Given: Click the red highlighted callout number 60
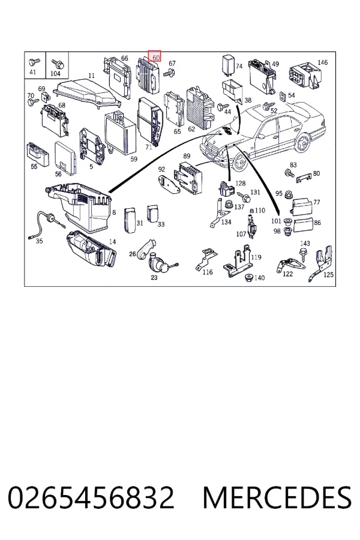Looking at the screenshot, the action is coord(155,57).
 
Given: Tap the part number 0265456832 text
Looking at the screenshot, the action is coord(91,497).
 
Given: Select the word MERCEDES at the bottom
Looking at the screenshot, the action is coord(277,497).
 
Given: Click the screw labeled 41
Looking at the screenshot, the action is coord(34,62).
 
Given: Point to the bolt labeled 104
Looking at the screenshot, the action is coord(57,64).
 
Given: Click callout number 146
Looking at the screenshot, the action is coord(322,62).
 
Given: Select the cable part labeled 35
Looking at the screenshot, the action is coord(46,223).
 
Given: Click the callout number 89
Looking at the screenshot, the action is coord(187,156).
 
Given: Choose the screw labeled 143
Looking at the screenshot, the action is coord(303,255).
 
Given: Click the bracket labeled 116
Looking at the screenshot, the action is coord(205,259).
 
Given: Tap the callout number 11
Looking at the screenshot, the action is coord(91,76).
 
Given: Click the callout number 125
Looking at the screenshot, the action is coord(328,275).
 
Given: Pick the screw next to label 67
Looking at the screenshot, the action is coord(169,73).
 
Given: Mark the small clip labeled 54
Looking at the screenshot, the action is coord(283,97).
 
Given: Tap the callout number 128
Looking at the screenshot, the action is coord(241,183).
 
